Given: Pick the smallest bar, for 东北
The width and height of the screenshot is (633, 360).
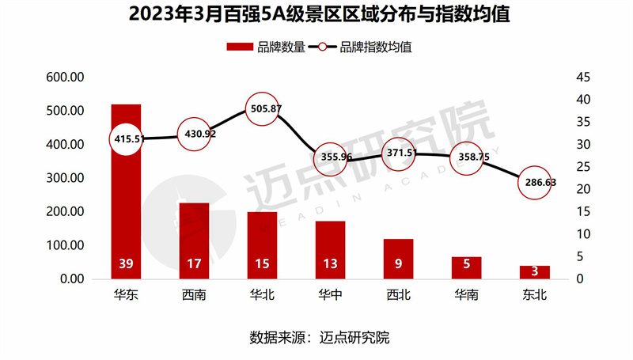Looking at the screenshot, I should (534, 272).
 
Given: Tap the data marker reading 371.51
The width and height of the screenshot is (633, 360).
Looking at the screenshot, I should (399, 151).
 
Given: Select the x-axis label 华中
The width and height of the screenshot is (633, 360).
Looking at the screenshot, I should (330, 296).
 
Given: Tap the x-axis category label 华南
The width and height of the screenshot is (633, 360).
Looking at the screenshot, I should (466, 296).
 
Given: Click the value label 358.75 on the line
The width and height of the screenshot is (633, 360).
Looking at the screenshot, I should (466, 157).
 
